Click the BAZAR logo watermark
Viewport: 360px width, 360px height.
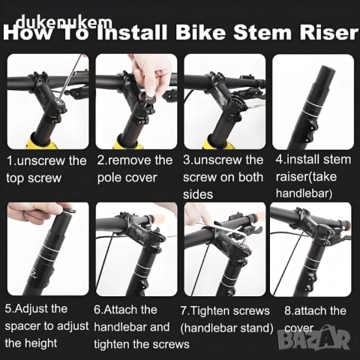pos(313,338)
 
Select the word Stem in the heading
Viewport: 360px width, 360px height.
pos(262,33)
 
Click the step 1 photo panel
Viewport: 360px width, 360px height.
pos(48,101)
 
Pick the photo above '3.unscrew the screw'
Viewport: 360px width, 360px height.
pos(224,101)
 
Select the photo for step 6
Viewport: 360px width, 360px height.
pos(136,249)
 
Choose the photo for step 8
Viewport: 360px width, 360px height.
pos(310,249)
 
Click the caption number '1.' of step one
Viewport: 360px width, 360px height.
pos(11,160)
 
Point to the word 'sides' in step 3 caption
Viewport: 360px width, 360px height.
pos(198,194)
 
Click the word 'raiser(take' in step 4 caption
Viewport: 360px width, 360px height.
pos(306,177)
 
